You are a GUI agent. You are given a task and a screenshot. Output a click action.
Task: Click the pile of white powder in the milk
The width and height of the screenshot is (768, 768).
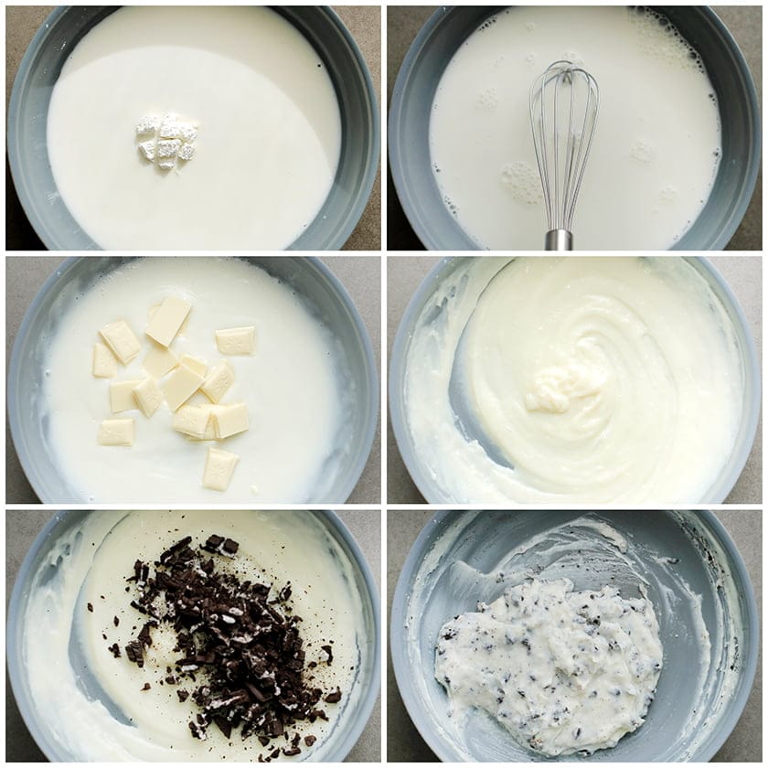pos(166,142)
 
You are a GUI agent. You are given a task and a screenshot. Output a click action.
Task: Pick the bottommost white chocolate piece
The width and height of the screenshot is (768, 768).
pos(219,470)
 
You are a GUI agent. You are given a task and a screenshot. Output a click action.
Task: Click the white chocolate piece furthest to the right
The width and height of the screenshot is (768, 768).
pos(236,340)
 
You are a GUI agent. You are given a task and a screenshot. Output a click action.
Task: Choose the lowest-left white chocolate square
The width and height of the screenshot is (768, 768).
pos(116,432)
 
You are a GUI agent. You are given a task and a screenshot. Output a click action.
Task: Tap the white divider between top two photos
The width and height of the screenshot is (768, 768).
pos(384,128)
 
